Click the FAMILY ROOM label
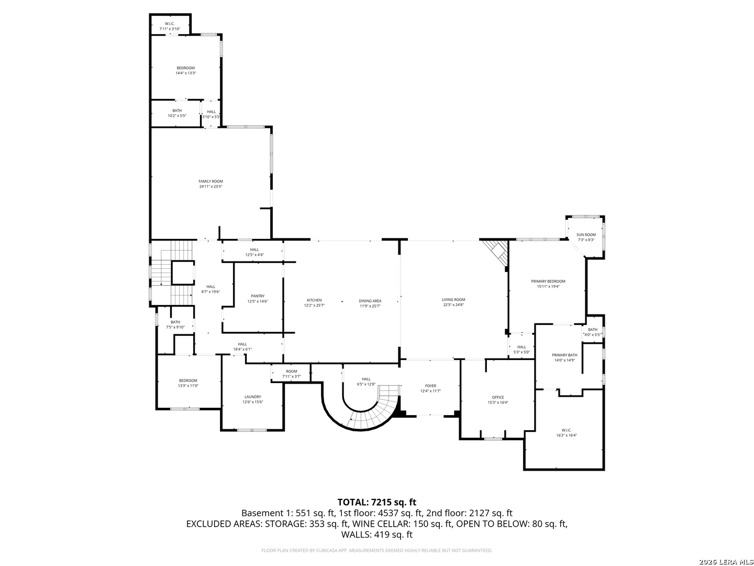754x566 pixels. [210, 181]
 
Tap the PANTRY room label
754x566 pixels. [258, 296]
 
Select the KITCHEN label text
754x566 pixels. [314, 300]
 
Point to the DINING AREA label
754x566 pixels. [370, 301]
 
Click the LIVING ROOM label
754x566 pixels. [453, 300]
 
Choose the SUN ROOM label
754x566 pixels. [586, 235]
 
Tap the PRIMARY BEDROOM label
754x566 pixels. [548, 281]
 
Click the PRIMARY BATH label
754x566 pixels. [564, 355]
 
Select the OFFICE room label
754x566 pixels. [497, 397]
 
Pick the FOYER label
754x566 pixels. [430, 386]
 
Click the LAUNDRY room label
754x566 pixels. [252, 397]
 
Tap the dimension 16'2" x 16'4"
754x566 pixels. [567, 435]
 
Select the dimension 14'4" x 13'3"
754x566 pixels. [185, 73]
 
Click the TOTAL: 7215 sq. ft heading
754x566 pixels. [376, 502]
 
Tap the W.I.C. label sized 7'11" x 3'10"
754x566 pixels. [170, 24]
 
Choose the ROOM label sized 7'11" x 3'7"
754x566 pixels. [291, 372]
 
